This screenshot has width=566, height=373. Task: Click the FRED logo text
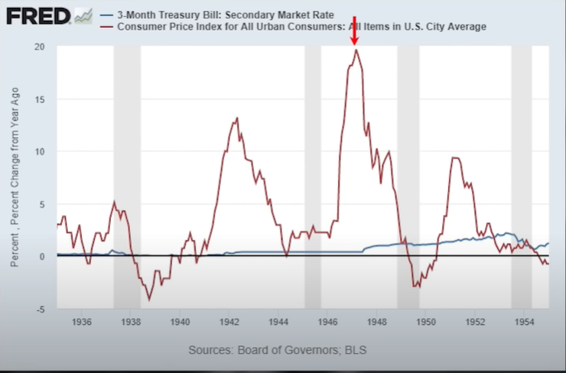(38, 16)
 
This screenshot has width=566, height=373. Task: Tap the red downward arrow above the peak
(355, 31)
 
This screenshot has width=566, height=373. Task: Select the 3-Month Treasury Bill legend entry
(217, 15)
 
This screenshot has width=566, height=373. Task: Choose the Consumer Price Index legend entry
(293, 27)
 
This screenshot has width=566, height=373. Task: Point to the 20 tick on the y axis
(40, 47)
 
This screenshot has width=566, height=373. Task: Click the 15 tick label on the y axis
(40, 99)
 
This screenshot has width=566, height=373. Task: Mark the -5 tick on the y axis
(40, 310)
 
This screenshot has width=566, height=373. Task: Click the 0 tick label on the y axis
(42, 257)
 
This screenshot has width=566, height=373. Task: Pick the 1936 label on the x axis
(82, 322)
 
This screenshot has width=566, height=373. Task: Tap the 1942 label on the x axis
(229, 322)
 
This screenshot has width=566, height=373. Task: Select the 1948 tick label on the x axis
(376, 322)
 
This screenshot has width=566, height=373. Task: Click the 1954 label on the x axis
(524, 322)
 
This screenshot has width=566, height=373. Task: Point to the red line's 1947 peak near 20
(356, 50)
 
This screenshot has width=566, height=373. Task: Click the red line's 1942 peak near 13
(237, 118)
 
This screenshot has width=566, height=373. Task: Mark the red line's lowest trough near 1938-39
(149, 300)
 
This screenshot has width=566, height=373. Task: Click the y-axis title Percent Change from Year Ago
(15, 177)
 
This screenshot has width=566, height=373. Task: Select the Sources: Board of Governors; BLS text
(277, 350)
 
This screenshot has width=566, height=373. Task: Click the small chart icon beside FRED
(83, 16)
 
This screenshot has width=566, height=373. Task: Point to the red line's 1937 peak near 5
(115, 202)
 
